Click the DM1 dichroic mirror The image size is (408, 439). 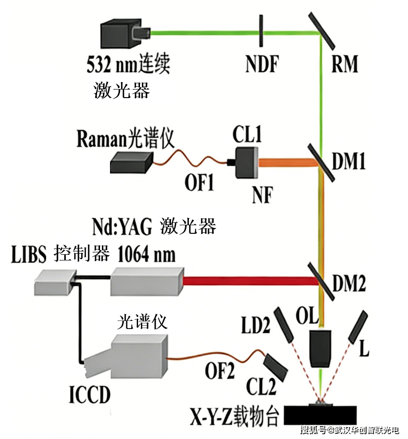pyautogui.click(x=320, y=163)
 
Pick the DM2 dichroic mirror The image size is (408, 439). pyautogui.click(x=320, y=280)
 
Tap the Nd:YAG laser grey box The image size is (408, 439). pyautogui.click(x=147, y=281)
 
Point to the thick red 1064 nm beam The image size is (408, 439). pyautogui.click(x=248, y=281)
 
